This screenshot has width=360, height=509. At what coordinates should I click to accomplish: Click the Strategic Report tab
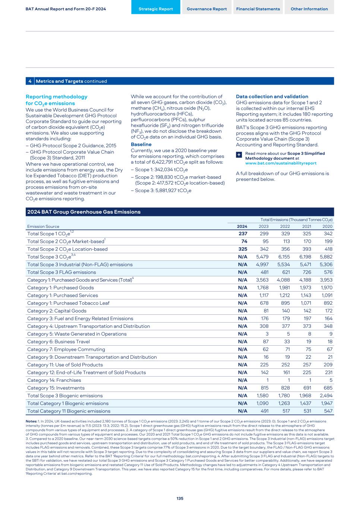[156, 9]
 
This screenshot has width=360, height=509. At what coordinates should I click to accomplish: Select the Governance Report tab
[207, 9]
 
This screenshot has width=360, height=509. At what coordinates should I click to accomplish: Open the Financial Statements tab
[258, 9]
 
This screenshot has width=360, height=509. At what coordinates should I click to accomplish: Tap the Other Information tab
[309, 9]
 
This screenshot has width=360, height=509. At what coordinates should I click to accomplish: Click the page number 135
[180, 499]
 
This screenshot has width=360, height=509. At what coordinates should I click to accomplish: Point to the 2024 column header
[242, 226]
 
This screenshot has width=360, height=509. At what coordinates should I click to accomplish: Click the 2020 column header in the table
[327, 226]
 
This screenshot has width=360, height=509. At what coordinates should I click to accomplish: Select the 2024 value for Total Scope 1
[243, 234]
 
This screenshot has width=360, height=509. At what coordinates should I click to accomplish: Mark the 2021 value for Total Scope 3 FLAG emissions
[306, 272]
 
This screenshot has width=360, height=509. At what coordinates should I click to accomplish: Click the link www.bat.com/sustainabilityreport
[281, 163]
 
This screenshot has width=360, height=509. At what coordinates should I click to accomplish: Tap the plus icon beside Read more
[239, 155]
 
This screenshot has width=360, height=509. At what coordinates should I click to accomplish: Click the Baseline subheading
[141, 144]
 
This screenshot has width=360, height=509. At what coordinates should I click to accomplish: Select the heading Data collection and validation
[272, 97]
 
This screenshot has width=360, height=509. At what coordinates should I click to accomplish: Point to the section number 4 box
[30, 81]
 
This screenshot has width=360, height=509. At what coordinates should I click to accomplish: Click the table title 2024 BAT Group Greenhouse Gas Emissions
[84, 212]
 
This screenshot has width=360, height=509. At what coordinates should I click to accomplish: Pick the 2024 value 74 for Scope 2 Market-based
[244, 242]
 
